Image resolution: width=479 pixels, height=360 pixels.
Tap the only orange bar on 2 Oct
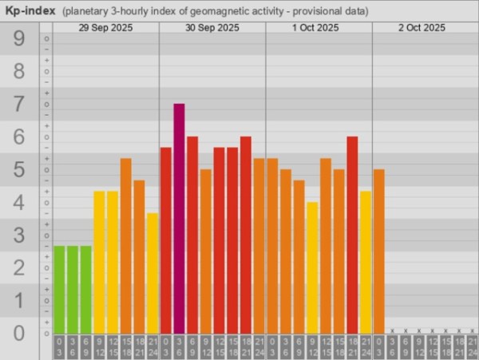coord(378,251)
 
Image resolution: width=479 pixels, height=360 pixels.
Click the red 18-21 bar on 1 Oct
coord(352,235)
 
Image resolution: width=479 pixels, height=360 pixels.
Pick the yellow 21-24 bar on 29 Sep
coord(152,273)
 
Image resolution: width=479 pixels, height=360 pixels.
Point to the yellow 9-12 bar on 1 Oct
coord(312,267)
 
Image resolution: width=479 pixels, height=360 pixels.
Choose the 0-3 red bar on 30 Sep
coord(166,239)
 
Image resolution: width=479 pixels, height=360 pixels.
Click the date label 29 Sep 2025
coord(105,27)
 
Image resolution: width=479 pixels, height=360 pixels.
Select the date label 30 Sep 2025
coord(212,27)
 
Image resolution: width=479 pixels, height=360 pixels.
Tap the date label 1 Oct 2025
coord(319,27)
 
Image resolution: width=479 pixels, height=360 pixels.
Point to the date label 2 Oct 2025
coord(422,27)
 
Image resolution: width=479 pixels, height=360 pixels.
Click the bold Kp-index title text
coord(30,11)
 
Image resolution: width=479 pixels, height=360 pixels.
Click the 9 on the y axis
coord(19,38)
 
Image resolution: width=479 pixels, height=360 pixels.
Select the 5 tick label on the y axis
coord(19,169)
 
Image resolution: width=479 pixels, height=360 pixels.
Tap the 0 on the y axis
coord(19,333)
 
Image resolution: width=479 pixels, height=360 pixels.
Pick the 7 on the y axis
coord(19,104)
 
